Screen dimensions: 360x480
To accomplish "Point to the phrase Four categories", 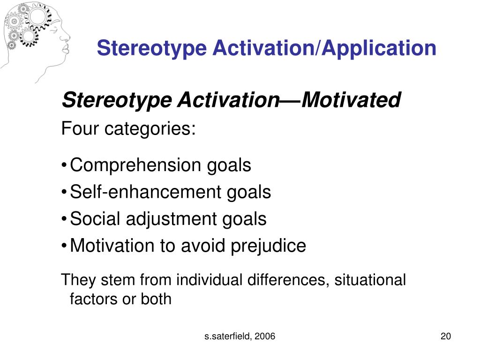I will pos(128,128).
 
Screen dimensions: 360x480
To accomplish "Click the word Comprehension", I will pos(135,165).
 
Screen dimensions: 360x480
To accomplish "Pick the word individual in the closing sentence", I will pos(207,280).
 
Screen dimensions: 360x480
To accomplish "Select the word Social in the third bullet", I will pos(94,219).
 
